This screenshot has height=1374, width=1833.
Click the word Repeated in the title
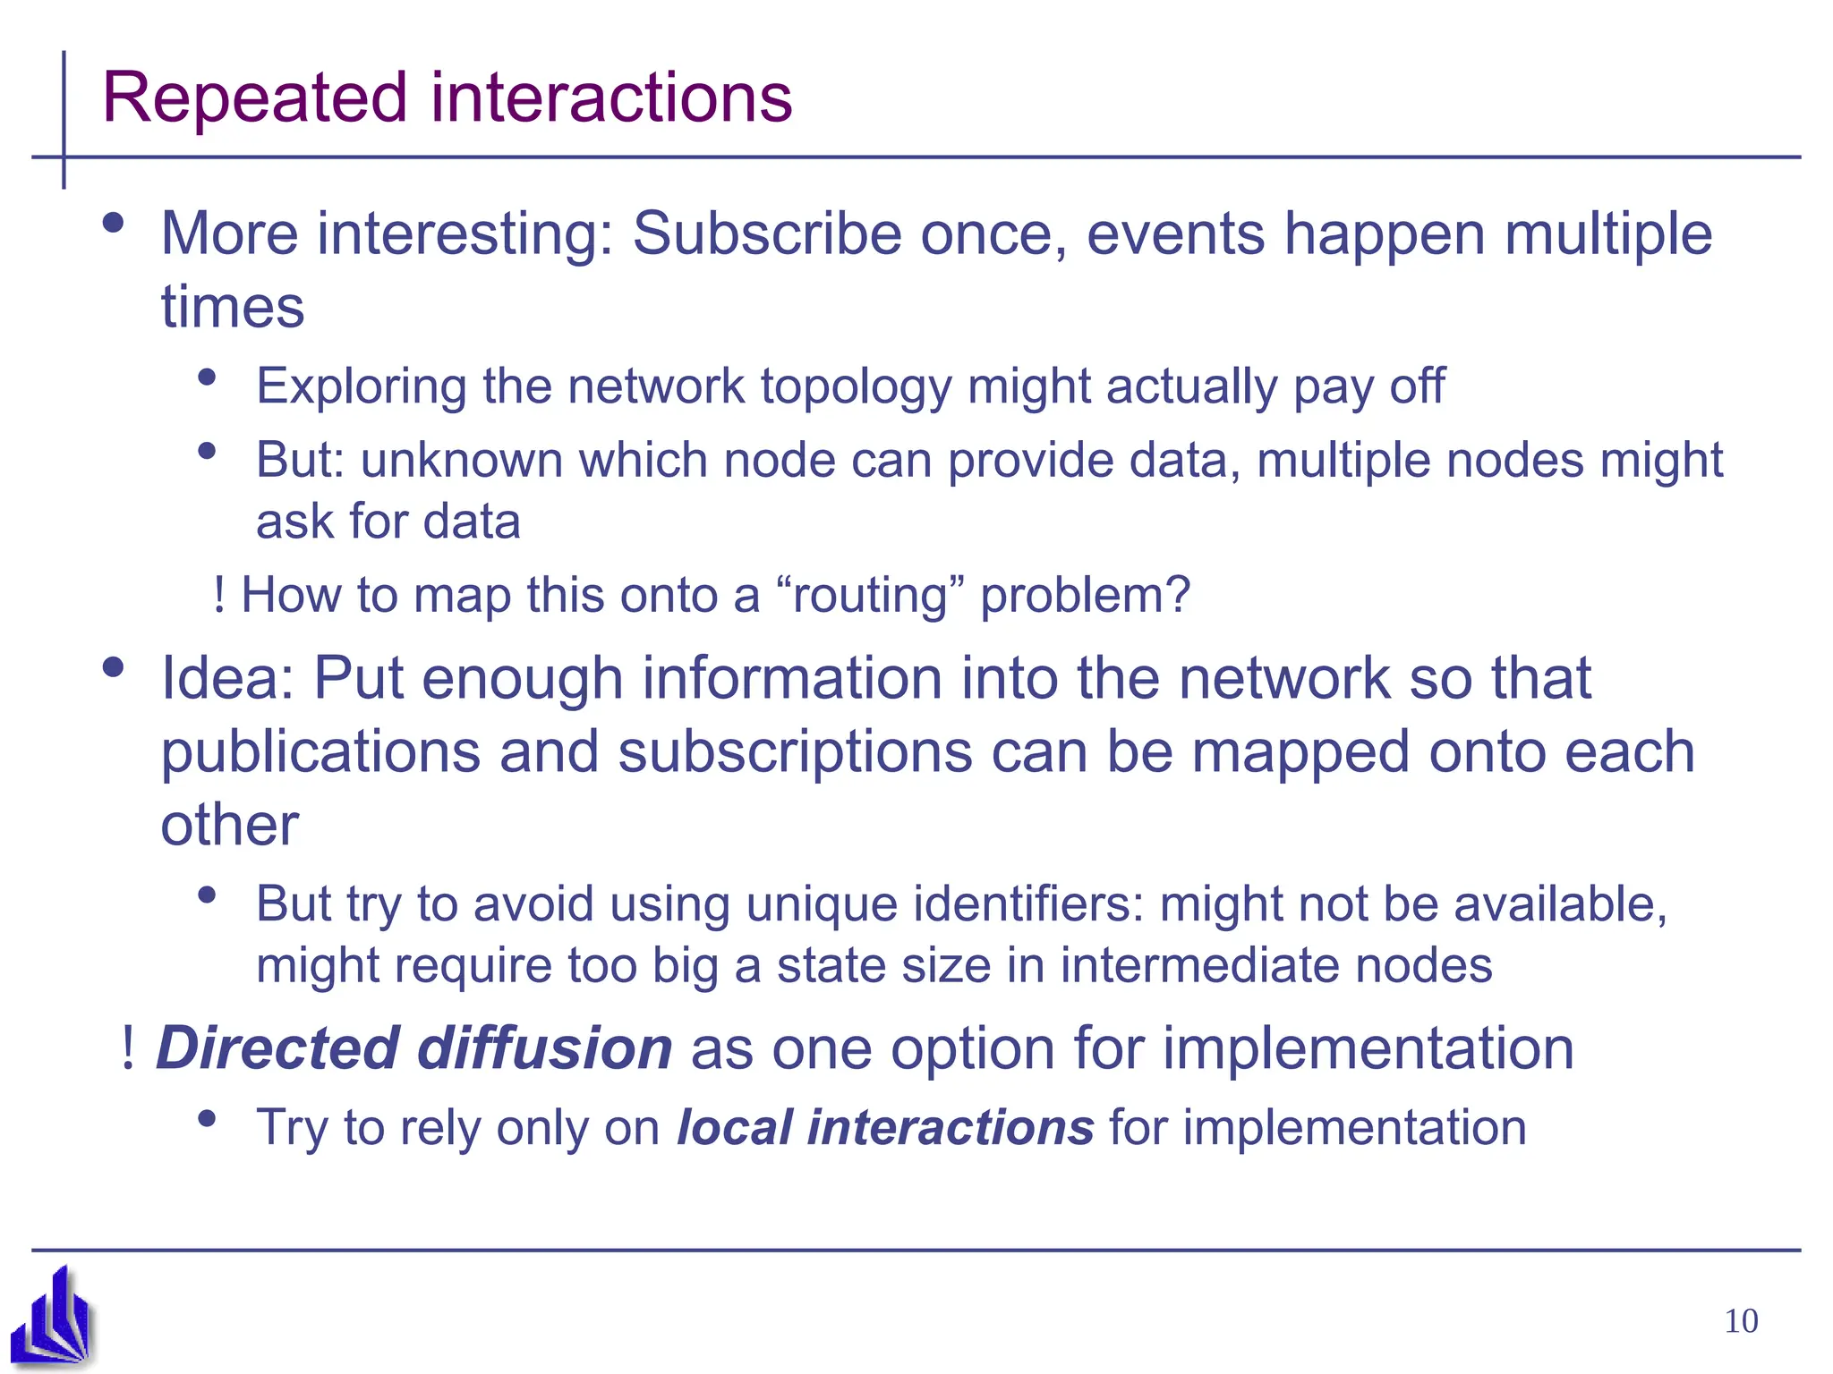(256, 98)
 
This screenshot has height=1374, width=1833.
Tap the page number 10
(1741, 1321)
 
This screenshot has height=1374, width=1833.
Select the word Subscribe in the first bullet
(768, 234)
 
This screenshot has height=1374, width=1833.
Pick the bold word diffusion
(545, 1048)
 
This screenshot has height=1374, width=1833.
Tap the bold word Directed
(277, 1048)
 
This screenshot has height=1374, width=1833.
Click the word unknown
(462, 461)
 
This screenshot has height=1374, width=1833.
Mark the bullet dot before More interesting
(113, 224)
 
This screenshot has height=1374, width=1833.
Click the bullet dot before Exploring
(208, 377)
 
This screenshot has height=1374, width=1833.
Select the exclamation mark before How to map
(219, 596)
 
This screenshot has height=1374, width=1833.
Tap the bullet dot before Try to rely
(208, 1118)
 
